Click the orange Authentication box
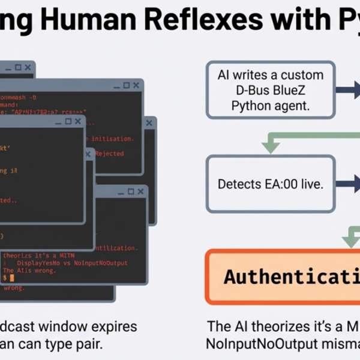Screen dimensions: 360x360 tap(283, 277)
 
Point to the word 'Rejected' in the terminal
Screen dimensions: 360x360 tap(109, 154)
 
